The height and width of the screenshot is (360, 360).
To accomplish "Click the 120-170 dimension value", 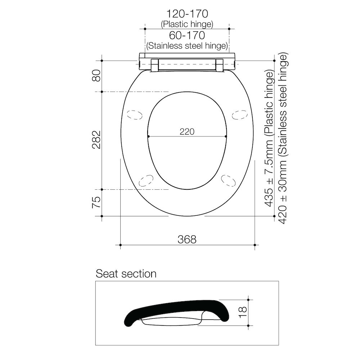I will [187, 14].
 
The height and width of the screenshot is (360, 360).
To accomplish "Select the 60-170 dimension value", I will [187, 36].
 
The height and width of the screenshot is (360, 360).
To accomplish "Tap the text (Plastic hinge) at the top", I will [187, 24].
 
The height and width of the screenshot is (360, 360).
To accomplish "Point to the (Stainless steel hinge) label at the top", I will [187, 46].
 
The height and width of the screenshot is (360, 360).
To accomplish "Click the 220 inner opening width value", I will [187, 132].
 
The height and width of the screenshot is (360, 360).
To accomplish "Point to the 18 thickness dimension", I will [243, 312].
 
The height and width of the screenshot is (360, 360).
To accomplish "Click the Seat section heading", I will [126, 274].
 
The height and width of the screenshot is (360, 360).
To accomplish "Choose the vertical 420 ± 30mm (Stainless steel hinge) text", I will [283, 139].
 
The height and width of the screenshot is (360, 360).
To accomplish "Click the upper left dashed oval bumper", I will [134, 114].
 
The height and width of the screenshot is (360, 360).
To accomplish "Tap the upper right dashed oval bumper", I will [239, 114].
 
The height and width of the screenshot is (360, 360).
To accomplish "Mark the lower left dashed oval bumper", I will [145, 180].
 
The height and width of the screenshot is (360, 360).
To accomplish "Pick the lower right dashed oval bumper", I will [228, 180].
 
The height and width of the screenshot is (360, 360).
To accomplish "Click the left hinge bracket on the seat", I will [154, 65].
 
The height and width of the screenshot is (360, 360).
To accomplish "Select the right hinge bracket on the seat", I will [219, 65].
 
